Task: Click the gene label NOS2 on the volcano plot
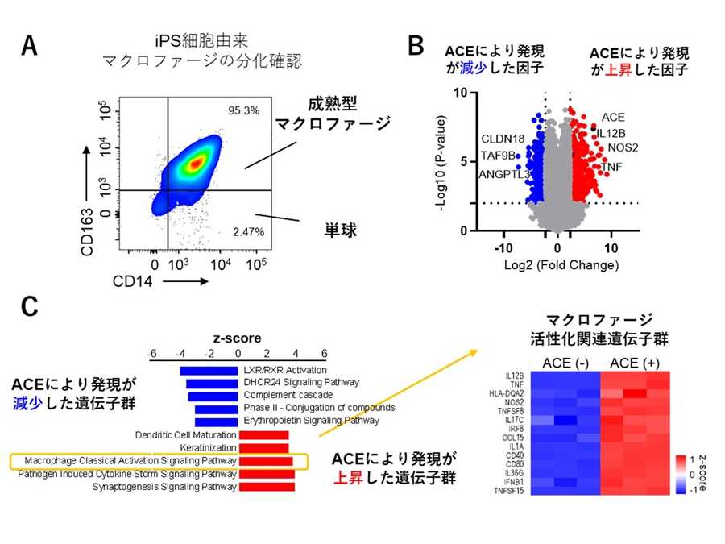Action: (622, 147)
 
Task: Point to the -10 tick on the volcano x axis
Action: (504, 247)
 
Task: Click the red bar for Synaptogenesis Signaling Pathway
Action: (267, 487)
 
